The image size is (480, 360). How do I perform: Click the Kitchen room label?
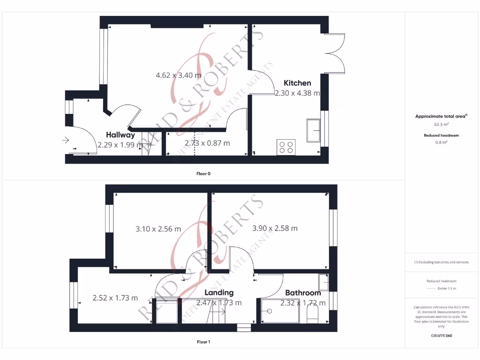pyautogui.click(x=297, y=83)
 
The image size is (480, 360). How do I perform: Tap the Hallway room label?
pyautogui.click(x=120, y=135)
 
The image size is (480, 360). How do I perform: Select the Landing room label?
pyautogui.click(x=219, y=292)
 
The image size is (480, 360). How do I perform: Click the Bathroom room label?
pyautogui.click(x=303, y=293)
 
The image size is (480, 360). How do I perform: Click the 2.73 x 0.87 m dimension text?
pyautogui.click(x=207, y=143)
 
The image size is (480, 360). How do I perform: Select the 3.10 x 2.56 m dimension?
pyautogui.click(x=158, y=229)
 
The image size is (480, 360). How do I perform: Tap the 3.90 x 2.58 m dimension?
pyautogui.click(x=275, y=228)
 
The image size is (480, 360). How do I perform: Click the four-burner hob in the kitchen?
pyautogui.click(x=286, y=147)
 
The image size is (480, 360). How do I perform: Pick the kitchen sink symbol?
pyautogui.click(x=314, y=130)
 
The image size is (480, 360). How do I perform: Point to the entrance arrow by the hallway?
pyautogui.click(x=65, y=140)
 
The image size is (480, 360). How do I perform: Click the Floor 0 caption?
pyautogui.click(x=203, y=174)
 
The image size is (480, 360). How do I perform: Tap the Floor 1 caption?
pyautogui.click(x=203, y=342)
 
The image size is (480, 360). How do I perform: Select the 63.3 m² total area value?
pyautogui.click(x=442, y=125)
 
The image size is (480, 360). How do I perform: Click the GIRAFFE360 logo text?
pyautogui.click(x=442, y=336)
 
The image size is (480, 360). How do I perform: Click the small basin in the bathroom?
pyautogui.click(x=323, y=282)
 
